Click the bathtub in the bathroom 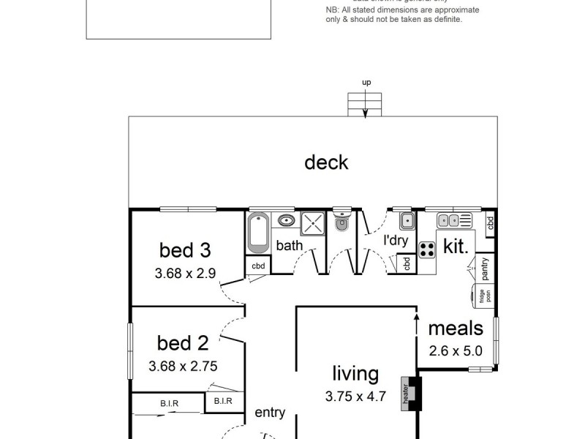tap(258, 233)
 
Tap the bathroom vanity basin tap(287, 220)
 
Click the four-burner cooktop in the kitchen tap(427, 249)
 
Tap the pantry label tap(485, 269)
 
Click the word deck tap(326, 162)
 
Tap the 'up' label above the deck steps tap(366, 83)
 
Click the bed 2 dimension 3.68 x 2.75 tap(183, 367)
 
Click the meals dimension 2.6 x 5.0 tap(455, 350)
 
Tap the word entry tap(270, 413)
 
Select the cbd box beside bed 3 tap(258, 266)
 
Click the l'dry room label tap(395, 240)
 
